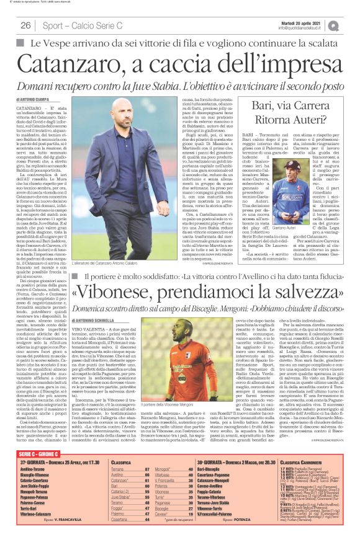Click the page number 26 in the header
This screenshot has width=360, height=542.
(26, 25)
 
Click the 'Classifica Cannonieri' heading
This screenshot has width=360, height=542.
(304, 463)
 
